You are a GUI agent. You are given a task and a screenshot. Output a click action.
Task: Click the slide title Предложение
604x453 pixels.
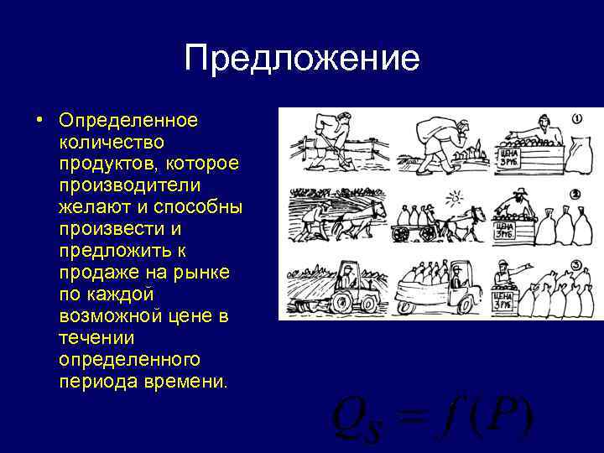pyautogui.click(x=301, y=59)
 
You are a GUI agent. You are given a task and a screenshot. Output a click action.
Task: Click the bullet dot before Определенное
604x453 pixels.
pyautogui.click(x=39, y=119)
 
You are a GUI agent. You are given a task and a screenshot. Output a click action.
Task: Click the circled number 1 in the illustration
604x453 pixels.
pyautogui.click(x=577, y=118)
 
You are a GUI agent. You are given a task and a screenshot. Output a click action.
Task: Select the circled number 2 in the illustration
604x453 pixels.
pyautogui.click(x=575, y=194)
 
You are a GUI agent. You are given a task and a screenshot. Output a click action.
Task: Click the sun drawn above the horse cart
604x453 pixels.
pyautogui.click(x=454, y=198)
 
